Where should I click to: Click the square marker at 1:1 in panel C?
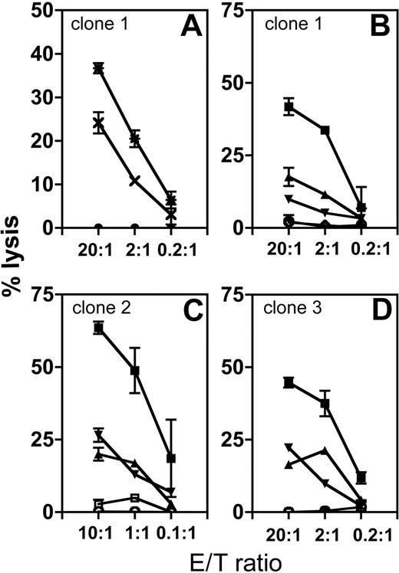click(x=135, y=371)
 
